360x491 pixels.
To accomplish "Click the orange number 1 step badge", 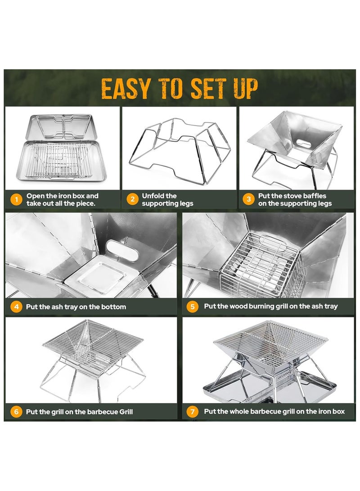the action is (x=16, y=199).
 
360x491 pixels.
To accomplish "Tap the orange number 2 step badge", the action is (x=132, y=199).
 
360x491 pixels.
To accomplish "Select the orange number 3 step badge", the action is (x=248, y=199).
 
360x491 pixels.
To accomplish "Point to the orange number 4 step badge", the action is (x=16, y=306).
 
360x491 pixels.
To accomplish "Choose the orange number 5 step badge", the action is (x=192, y=306).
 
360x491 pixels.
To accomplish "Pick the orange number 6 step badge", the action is (x=16, y=411).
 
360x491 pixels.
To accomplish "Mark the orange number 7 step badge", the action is (x=192, y=411).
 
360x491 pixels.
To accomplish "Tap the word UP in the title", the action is (x=246, y=89).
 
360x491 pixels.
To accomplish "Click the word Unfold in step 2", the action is (x=154, y=196).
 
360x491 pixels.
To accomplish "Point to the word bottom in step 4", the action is (x=113, y=307).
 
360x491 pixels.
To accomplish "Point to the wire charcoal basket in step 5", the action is (x=261, y=264).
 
